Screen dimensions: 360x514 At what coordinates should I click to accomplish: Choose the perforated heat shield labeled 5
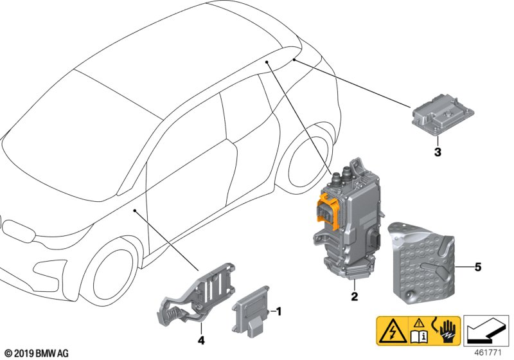tap(422, 260)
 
